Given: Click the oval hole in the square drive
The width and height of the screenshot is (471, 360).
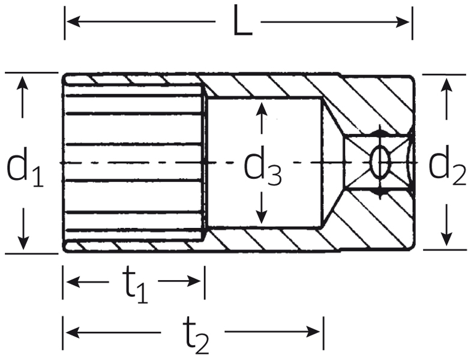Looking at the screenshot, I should pos(380,161).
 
